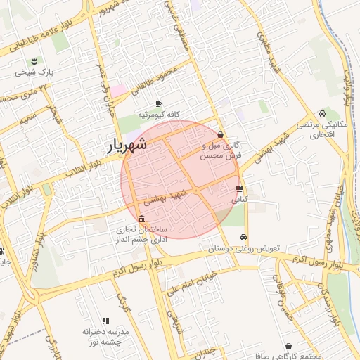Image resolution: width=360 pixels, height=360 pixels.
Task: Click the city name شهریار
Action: [x=127, y=146]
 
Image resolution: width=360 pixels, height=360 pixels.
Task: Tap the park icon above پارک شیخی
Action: [x=36, y=60]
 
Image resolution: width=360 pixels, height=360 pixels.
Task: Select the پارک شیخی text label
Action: [x=37, y=72]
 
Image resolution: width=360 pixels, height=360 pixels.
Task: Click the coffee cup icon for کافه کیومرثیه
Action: [x=158, y=103]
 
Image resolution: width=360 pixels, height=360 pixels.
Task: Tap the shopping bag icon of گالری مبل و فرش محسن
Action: [x=221, y=134]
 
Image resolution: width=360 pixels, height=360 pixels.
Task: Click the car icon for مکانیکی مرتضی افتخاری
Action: [x=321, y=113]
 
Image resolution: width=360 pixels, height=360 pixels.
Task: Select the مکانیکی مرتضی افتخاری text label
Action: [x=321, y=129]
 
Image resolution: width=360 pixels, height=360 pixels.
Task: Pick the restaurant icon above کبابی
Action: [x=240, y=188]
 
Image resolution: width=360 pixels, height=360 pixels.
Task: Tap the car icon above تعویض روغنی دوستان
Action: [x=243, y=238]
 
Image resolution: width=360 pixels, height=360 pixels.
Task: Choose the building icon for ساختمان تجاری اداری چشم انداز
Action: [x=142, y=219]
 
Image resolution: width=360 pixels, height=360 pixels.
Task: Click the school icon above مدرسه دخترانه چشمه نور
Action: [x=106, y=320]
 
